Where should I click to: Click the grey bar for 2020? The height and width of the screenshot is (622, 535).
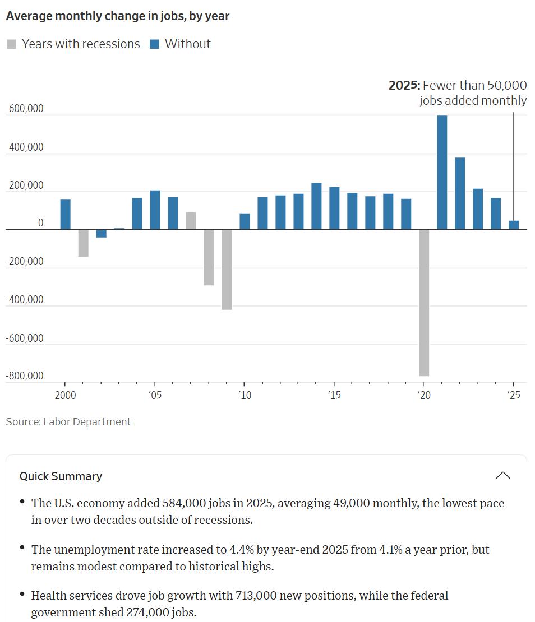[x=424, y=303]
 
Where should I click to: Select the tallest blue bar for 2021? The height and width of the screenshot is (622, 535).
[x=442, y=173]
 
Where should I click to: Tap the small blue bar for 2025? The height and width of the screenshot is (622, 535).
[x=514, y=225]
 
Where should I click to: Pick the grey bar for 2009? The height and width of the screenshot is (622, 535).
[x=227, y=270]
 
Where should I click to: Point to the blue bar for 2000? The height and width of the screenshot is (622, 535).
[x=66, y=215]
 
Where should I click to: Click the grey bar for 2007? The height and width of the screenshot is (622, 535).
[x=191, y=221]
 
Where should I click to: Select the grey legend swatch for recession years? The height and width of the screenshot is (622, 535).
[x=11, y=44]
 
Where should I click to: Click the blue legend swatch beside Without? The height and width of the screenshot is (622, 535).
[x=154, y=44]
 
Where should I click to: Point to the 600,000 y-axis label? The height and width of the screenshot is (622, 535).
[x=26, y=109]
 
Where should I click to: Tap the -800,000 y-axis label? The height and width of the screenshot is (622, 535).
[x=25, y=375]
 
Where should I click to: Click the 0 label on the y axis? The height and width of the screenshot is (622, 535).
[x=40, y=223]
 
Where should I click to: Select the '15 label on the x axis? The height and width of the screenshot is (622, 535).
[x=334, y=395]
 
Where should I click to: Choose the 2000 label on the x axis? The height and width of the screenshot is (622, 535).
[x=65, y=395]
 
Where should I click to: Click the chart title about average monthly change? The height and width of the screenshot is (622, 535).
[x=118, y=16]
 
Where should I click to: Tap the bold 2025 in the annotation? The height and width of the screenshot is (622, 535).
[x=404, y=85]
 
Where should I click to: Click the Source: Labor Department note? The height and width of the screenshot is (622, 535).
[x=68, y=421]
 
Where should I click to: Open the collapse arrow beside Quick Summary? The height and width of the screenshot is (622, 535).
[x=503, y=476]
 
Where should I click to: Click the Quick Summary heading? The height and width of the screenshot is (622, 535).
[x=61, y=476]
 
